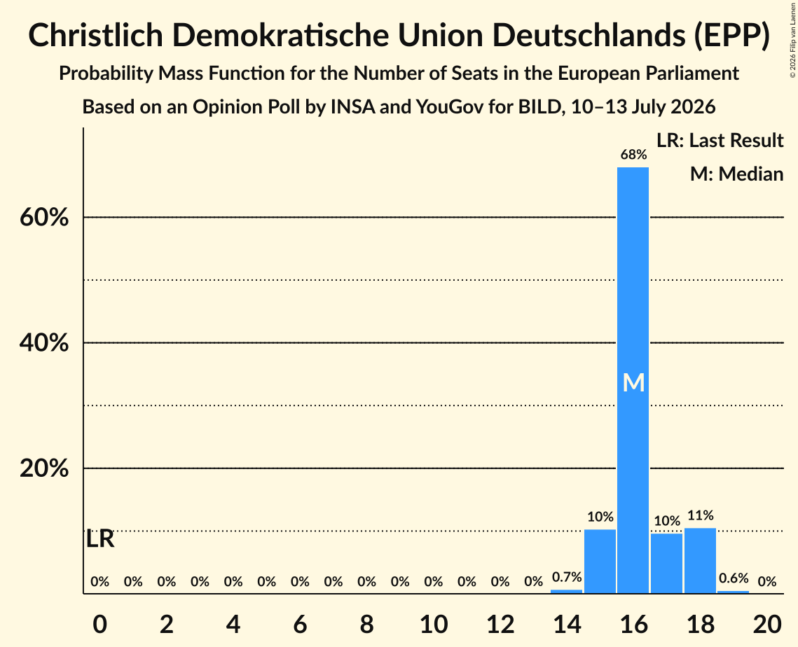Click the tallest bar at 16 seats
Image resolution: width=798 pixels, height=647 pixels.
[633, 380]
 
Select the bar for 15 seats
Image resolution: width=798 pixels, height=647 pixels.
[600, 561]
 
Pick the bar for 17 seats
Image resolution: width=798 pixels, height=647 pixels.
[667, 563]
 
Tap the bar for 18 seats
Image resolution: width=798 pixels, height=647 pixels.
[701, 561]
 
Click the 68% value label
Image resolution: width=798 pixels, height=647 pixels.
[633, 155]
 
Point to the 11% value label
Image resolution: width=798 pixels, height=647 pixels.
[701, 515]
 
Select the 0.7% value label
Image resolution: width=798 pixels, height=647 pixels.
[567, 577]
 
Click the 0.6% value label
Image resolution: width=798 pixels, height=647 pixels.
[734, 578]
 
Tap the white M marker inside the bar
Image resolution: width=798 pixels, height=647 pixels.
[633, 382]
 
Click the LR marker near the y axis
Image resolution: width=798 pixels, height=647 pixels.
[100, 538]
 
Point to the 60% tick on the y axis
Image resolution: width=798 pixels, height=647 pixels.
[44, 218]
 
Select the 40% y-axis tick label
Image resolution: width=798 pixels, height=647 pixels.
[44, 343]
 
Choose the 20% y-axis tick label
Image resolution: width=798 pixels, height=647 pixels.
[44, 468]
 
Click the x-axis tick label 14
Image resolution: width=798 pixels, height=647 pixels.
[567, 624]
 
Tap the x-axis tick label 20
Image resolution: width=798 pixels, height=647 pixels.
[767, 624]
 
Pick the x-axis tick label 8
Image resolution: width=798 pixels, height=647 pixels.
[366, 624]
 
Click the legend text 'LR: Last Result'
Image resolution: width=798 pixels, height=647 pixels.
[720, 140]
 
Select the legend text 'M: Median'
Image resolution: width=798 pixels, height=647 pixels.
[736, 174]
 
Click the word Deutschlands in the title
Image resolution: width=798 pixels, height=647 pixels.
[587, 35]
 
